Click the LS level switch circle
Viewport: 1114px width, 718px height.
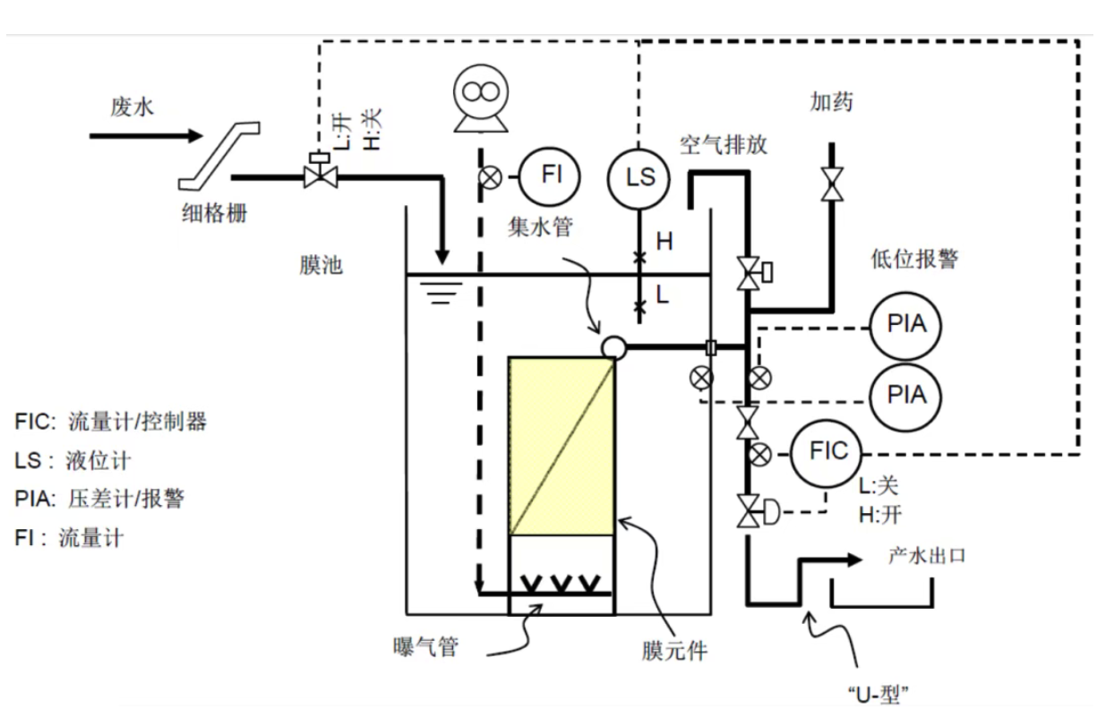point(639,176)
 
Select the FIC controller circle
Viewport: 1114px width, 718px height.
point(826,451)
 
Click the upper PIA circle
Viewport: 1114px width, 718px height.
point(905,324)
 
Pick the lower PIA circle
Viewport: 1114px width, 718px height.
point(905,394)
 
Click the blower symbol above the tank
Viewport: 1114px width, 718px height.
point(480,99)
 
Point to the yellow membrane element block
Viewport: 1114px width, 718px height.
point(561,446)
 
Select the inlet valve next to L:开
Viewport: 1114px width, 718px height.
point(319,173)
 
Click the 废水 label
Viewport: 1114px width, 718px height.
point(132,107)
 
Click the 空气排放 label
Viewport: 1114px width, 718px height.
point(723,144)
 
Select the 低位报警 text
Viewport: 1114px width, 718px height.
point(913,259)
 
